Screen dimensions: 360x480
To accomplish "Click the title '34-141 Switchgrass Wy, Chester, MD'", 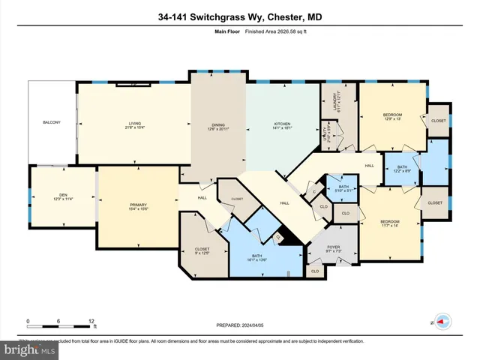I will [240, 17].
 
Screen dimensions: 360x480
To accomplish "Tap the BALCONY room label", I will [51, 122].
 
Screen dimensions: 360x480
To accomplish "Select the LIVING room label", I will [135, 125].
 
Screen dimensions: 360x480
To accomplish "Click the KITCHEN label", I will [282, 124].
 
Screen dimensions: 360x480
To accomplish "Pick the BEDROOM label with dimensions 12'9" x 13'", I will [392, 114].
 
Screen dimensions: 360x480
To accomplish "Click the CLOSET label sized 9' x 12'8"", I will [202, 250].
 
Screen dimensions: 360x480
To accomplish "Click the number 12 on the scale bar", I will [91, 321].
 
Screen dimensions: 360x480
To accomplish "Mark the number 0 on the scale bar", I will [28, 321].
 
